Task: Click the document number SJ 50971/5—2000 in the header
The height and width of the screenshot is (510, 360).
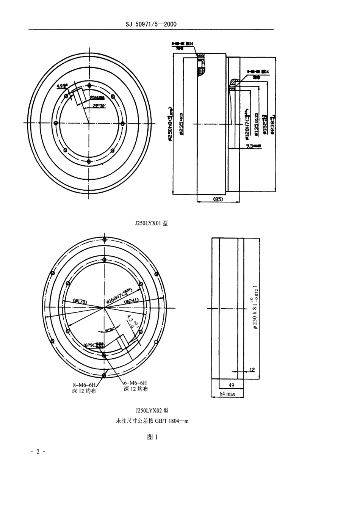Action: (x=151, y=25)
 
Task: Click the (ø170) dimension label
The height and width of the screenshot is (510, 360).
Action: (x=79, y=301)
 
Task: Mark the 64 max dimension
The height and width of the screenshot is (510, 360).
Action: (x=227, y=394)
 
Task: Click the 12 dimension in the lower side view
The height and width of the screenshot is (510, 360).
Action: (x=252, y=369)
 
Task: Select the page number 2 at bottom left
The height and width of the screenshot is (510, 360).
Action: (x=38, y=452)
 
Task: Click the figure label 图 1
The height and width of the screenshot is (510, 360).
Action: (x=152, y=437)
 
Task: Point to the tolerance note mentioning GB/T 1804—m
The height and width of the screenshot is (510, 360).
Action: (x=152, y=421)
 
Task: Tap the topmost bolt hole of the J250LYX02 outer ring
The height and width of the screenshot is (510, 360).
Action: (x=104, y=239)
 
